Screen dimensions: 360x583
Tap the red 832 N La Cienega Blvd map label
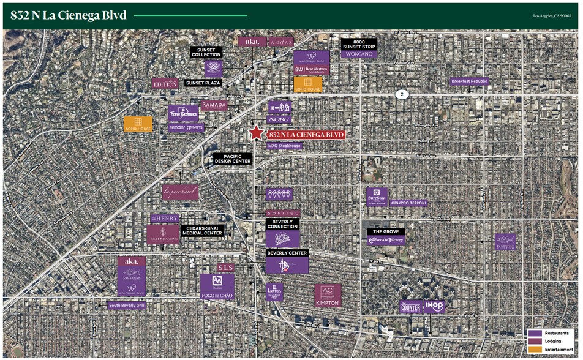point(305,135)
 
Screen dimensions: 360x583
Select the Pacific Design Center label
point(233,159)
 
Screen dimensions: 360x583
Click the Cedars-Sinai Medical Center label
point(203,230)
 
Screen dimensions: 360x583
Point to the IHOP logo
point(434,307)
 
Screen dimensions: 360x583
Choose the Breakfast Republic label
point(470,81)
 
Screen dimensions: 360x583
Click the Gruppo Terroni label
point(409,203)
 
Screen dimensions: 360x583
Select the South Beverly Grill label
point(127,305)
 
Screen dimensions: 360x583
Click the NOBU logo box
point(279,120)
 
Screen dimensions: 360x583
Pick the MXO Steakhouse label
point(284,146)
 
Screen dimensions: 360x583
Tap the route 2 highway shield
point(402,94)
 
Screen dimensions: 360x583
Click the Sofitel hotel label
point(283,212)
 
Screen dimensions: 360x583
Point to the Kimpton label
point(328,303)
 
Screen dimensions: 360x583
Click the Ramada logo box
point(214,105)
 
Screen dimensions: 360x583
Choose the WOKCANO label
point(359,54)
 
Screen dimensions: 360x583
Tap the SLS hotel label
point(225,268)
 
